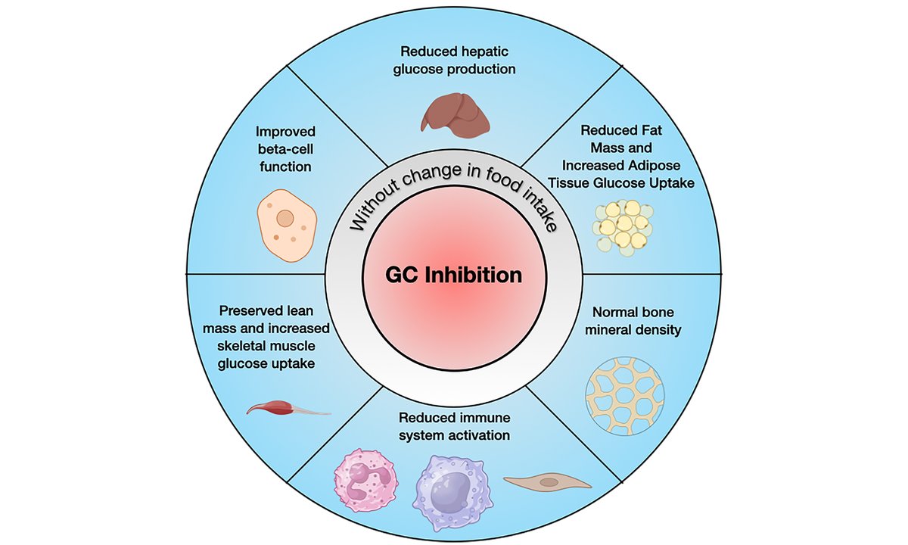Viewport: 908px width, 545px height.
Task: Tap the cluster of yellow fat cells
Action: [621, 225]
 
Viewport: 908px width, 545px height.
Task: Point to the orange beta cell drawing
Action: [285, 221]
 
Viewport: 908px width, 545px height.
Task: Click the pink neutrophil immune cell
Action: [366, 480]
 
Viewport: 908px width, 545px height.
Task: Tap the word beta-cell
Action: [285, 148]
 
